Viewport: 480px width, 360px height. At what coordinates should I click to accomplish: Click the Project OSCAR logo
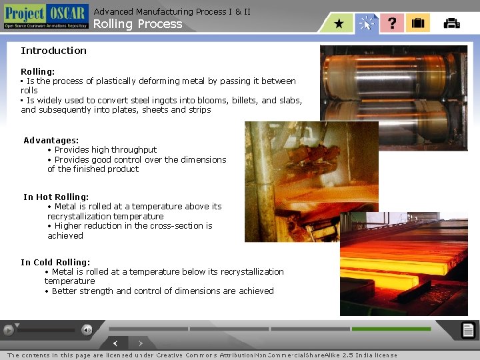(45, 16)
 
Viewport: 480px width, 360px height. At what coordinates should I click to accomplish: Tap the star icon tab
(339, 23)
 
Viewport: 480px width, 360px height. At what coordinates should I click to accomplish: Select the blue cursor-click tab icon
(366, 23)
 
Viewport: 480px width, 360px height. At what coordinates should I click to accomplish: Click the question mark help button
(392, 23)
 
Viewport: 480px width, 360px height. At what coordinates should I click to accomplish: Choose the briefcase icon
(418, 23)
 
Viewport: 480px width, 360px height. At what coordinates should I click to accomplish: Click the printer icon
(451, 23)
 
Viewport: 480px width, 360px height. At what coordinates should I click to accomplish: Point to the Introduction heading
(53, 51)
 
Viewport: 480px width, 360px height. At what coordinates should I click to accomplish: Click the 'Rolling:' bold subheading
(38, 71)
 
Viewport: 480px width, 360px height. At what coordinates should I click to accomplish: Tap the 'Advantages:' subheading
(51, 140)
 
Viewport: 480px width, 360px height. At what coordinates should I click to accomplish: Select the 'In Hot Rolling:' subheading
(56, 197)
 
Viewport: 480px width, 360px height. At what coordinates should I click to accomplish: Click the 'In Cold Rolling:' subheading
(55, 262)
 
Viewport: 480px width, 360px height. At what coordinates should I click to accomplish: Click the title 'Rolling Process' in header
(137, 24)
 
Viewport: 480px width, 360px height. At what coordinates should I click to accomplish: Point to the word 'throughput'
(133, 150)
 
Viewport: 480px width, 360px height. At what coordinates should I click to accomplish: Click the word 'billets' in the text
(243, 101)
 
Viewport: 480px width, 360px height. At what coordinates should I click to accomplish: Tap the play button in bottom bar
(8, 329)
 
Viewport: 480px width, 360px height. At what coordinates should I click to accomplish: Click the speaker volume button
(87, 329)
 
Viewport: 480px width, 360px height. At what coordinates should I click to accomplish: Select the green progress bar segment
(391, 329)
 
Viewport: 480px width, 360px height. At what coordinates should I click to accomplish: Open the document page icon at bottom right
(468, 329)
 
